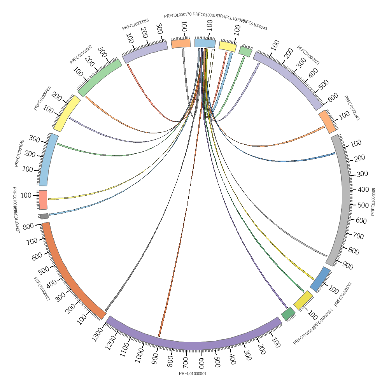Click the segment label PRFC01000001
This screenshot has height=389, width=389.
click(x=193, y=374)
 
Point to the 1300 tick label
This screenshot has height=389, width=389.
click(x=97, y=334)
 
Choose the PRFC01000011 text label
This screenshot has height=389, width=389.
click(x=42, y=289)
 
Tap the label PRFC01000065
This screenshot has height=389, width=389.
click(x=135, y=25)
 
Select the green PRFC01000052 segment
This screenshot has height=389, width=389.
click(x=99, y=78)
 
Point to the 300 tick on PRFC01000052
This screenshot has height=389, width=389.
click(x=102, y=52)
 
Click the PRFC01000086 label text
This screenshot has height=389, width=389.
click(x=42, y=98)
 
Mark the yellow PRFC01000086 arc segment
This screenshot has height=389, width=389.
click(x=67, y=114)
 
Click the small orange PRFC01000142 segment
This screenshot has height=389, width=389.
click(x=328, y=121)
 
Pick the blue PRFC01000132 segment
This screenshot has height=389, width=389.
click(x=320, y=279)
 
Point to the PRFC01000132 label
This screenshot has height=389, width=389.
click(x=343, y=294)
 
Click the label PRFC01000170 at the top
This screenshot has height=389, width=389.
click(x=177, y=16)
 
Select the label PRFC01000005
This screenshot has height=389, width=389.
click(x=373, y=202)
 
